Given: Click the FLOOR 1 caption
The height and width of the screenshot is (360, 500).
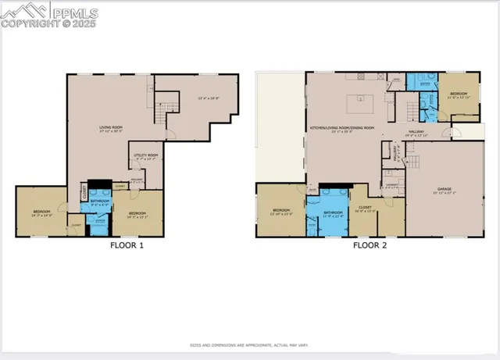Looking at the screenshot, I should (x=126, y=245).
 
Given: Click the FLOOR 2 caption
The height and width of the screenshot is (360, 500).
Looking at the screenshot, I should (x=369, y=245).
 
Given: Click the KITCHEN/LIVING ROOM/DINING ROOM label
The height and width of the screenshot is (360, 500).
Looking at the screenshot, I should (x=342, y=127).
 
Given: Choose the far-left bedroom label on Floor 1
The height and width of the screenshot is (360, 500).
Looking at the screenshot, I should (x=41, y=212).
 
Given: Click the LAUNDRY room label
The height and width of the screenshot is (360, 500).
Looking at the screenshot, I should (x=391, y=186).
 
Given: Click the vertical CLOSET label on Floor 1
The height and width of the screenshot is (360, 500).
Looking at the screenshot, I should (x=84, y=191).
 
